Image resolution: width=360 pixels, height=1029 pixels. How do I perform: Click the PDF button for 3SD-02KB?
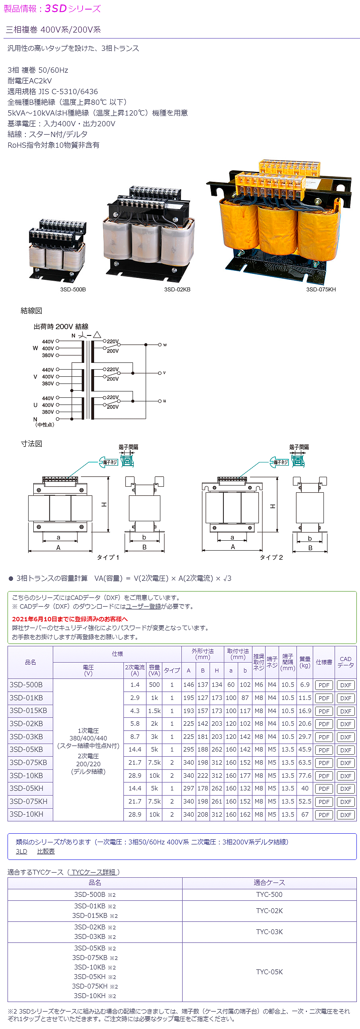pyautogui.click(x=323, y=724)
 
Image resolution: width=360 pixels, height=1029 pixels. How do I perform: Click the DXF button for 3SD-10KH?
pyautogui.click(x=346, y=815)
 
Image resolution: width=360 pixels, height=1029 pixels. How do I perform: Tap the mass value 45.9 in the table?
pyautogui.click(x=305, y=750)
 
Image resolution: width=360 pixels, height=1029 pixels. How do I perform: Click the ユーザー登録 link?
pyautogui.click(x=143, y=606)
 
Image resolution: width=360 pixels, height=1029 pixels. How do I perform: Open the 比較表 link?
pyautogui.click(x=46, y=851)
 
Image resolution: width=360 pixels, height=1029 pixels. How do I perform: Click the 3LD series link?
pyautogui.click(x=21, y=851)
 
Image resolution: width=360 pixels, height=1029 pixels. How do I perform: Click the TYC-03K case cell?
pyautogui.click(x=269, y=931)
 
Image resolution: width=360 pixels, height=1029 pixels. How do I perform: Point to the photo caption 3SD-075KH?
pyautogui.click(x=321, y=289)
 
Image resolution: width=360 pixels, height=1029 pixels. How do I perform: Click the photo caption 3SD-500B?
pyautogui.click(x=73, y=289)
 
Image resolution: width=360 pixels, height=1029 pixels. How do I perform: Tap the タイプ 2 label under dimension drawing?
pyautogui.click(x=271, y=557)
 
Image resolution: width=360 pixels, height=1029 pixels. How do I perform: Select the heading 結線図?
pyautogui.click(x=31, y=310)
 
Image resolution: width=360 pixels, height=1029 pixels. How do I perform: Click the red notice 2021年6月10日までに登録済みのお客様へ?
pyautogui.click(x=70, y=619)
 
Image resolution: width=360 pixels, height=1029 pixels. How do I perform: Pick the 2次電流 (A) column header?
pyautogui.click(x=135, y=670)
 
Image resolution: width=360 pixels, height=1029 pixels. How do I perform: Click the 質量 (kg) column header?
pyautogui.click(x=305, y=662)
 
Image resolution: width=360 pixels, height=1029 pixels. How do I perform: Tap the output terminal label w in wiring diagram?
pyautogui.click(x=165, y=345)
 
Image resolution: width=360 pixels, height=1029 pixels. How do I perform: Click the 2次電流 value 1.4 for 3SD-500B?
pyautogui.click(x=135, y=685)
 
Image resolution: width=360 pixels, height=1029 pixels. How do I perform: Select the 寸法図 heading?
pyautogui.click(x=31, y=443)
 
